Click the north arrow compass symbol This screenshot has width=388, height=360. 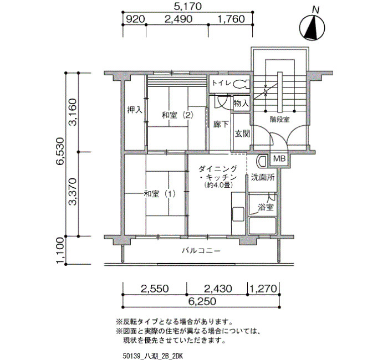point(312,28)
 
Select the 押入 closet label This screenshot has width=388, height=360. point(135,110)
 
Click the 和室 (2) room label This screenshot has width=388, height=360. point(177,115)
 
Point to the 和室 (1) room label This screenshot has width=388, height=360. point(160,194)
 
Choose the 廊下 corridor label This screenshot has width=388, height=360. point(221,124)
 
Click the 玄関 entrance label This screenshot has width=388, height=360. point(242,134)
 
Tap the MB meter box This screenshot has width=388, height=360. point(279,158)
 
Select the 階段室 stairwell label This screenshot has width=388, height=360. point(279,120)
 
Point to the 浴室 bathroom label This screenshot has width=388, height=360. point(266,207)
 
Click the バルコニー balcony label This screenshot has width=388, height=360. point(201,251)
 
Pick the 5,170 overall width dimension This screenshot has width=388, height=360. point(188,6)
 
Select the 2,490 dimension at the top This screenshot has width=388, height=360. point(178,19)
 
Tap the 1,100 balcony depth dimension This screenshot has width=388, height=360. point(60,251)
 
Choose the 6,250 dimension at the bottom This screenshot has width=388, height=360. point(202,301)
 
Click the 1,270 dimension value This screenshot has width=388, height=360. point(263,289)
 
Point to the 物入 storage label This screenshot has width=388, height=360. point(241,103)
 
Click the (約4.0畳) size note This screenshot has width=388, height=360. point(218,185)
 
